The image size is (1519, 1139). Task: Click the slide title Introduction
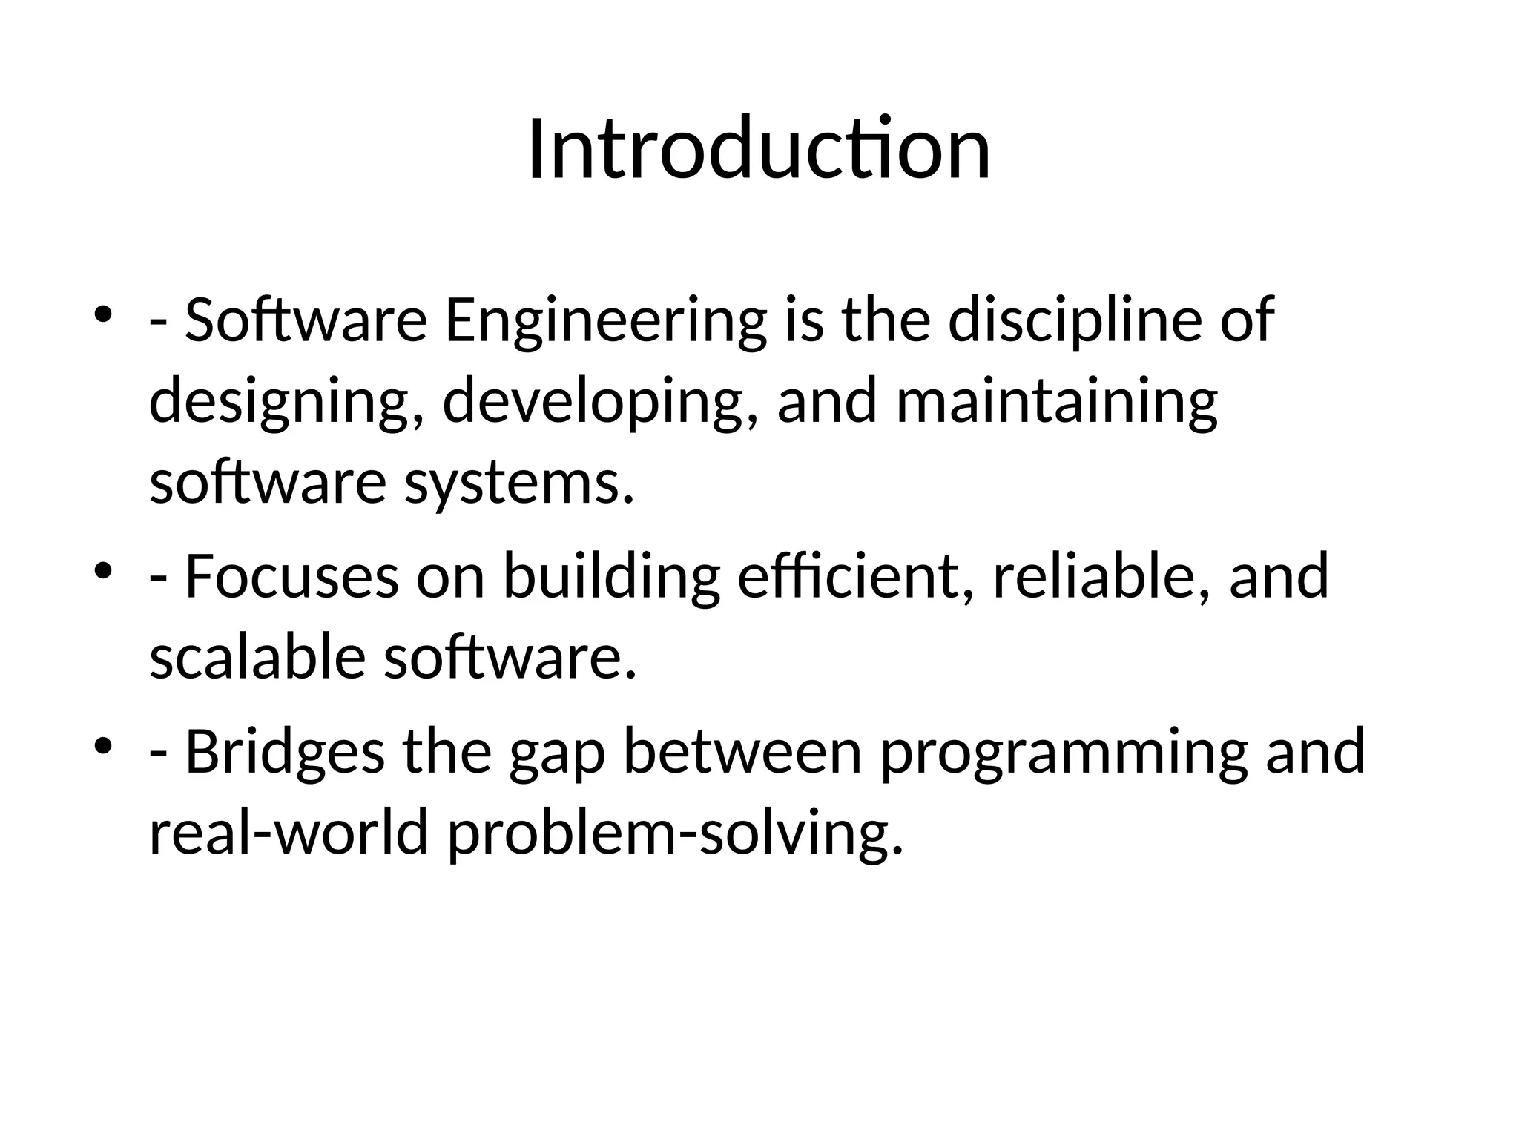click(759, 151)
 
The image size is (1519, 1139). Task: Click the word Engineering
click(604, 320)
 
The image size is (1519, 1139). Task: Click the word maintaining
click(1057, 402)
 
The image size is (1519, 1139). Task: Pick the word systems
click(519, 483)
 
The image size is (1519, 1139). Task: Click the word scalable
click(257, 658)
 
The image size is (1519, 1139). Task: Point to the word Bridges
click(285, 752)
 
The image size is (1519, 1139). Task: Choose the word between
click(742, 752)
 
